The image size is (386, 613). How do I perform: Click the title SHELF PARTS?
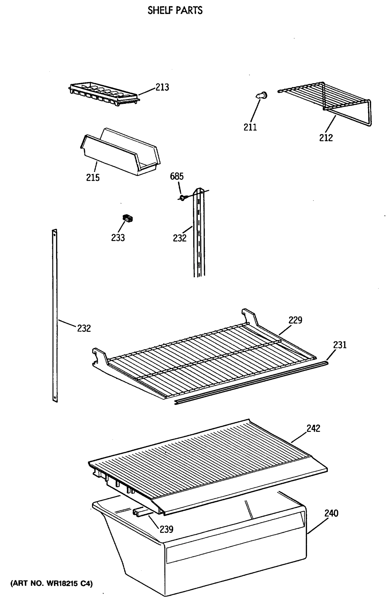point(175,10)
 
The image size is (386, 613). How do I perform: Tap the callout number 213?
point(162,87)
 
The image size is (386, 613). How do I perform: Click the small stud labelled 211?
point(262,96)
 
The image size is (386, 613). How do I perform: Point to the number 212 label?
point(326,138)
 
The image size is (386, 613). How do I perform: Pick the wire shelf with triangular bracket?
point(330,102)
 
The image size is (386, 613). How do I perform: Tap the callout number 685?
point(177,176)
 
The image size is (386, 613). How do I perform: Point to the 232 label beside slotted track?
point(180,238)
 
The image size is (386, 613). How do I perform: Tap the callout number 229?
point(295,320)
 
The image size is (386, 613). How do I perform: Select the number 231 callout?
point(340,345)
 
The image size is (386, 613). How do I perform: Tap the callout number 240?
point(331,513)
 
